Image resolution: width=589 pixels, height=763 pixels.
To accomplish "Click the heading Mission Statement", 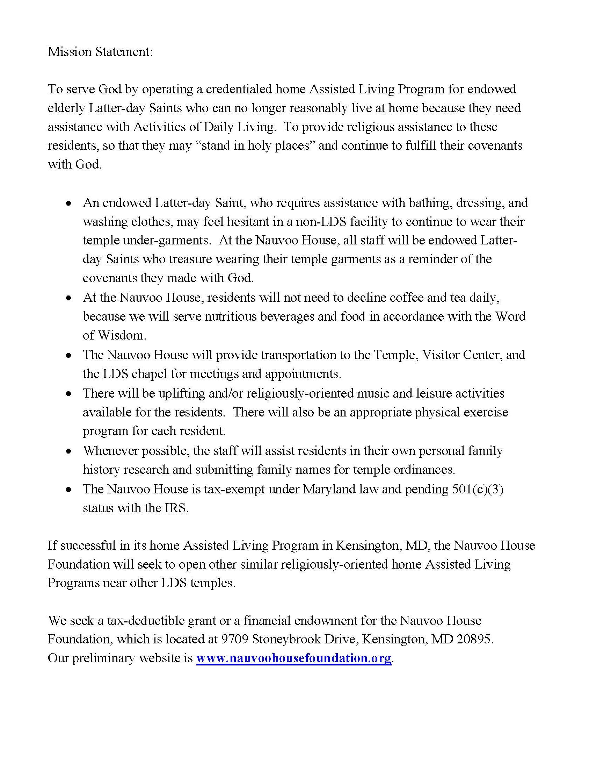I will coord(100,52).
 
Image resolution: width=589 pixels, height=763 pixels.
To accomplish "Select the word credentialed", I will coord(239,89).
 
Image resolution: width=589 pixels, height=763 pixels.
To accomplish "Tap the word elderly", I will coord(66,108).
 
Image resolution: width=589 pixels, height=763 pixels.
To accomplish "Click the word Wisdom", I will coord(121,335).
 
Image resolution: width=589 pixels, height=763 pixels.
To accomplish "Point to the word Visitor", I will coord(441,355).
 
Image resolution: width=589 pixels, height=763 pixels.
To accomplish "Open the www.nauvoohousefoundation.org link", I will coord(293,658).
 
